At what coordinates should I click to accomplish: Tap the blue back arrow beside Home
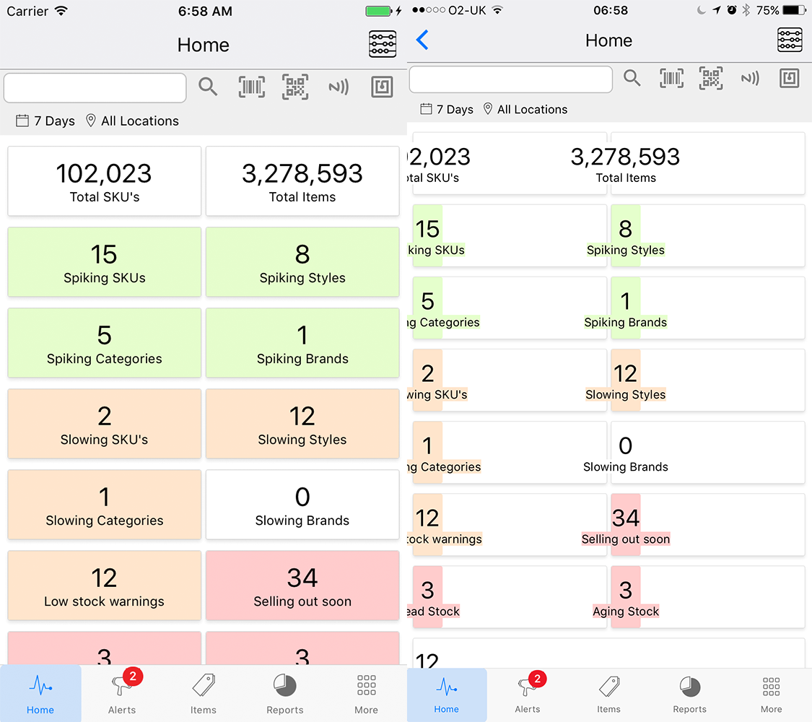423,40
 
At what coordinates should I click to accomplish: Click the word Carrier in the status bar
27,11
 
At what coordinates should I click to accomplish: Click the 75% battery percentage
767,11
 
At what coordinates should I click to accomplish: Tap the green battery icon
378,11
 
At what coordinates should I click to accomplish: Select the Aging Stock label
626,612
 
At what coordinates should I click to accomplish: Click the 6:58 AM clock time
203,11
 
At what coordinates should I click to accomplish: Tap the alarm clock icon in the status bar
731,11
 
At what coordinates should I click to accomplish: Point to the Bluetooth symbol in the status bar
746,11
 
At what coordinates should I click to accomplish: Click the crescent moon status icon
702,11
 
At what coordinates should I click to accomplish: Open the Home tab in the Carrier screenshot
40,693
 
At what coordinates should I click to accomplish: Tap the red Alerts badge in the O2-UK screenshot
537,679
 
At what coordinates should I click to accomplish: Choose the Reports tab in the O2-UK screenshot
689,693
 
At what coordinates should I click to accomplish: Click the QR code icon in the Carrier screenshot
295,87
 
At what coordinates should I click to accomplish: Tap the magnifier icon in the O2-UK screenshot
632,78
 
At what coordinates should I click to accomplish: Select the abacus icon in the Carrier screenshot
383,44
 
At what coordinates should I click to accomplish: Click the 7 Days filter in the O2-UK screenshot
448,110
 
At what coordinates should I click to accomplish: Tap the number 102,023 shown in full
104,173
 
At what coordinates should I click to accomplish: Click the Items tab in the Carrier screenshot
204,693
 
